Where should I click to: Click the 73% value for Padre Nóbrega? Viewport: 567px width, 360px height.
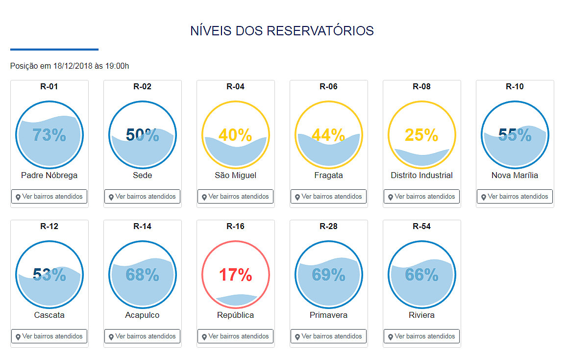pyautogui.click(x=49, y=135)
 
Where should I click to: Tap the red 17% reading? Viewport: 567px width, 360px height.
pyautogui.click(x=235, y=275)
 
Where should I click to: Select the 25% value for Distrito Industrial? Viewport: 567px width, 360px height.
pyautogui.click(x=421, y=135)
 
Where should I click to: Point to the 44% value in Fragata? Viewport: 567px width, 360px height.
pyautogui.click(x=328, y=135)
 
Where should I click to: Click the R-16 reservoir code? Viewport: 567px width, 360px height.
pyautogui.click(x=235, y=226)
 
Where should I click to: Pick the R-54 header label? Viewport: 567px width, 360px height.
pyautogui.click(x=421, y=226)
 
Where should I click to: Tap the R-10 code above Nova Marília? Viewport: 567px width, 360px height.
pyautogui.click(x=515, y=86)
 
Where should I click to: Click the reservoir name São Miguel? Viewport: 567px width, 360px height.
pyautogui.click(x=235, y=175)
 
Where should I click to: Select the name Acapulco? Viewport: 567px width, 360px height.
pyautogui.click(x=142, y=315)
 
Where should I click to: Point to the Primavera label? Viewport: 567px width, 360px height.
pyautogui.click(x=328, y=315)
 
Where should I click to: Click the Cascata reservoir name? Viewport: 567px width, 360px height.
pyautogui.click(x=49, y=315)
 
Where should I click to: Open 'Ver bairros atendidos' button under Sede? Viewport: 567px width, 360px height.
pyautogui.click(x=142, y=197)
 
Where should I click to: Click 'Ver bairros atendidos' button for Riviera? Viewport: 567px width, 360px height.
pyautogui.click(x=421, y=336)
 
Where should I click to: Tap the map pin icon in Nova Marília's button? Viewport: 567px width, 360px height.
pyautogui.click(x=484, y=197)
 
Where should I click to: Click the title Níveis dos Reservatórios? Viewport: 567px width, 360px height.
pyautogui.click(x=282, y=31)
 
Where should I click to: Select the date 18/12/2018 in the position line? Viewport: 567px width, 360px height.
pyautogui.click(x=73, y=66)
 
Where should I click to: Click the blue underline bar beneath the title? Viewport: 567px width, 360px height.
pyautogui.click(x=54, y=49)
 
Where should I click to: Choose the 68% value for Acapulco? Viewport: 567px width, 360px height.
pyautogui.click(x=142, y=275)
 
